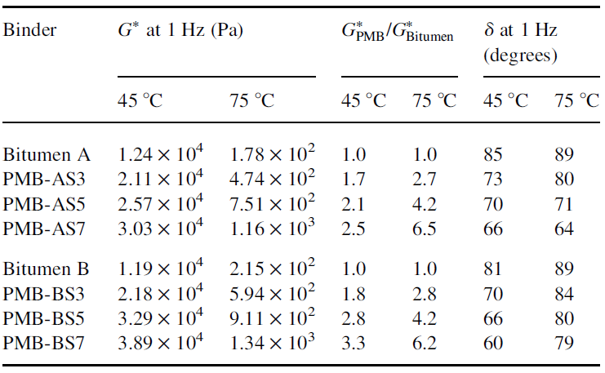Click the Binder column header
pos(29,30)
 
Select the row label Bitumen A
pos(47,155)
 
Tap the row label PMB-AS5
pos(44,204)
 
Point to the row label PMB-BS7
pos(43,343)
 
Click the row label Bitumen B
pos(47,269)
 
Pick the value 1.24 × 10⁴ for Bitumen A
pos(160,153)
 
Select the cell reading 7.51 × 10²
pos(272,202)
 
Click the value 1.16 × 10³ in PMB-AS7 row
pos(272,227)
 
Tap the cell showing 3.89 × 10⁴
pos(160,341)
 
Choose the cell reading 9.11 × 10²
pos(272,317)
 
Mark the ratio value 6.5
pos(424,229)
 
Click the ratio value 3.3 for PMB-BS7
pos(353,343)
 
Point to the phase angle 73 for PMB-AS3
pos(492,180)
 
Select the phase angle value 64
pos(564,229)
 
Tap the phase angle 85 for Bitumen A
pos(492,155)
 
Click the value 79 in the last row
pos(564,343)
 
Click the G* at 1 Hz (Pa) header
pos(180,30)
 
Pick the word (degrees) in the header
pos(521,56)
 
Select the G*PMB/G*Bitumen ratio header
pos(398,32)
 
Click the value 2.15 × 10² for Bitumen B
pos(272,268)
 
